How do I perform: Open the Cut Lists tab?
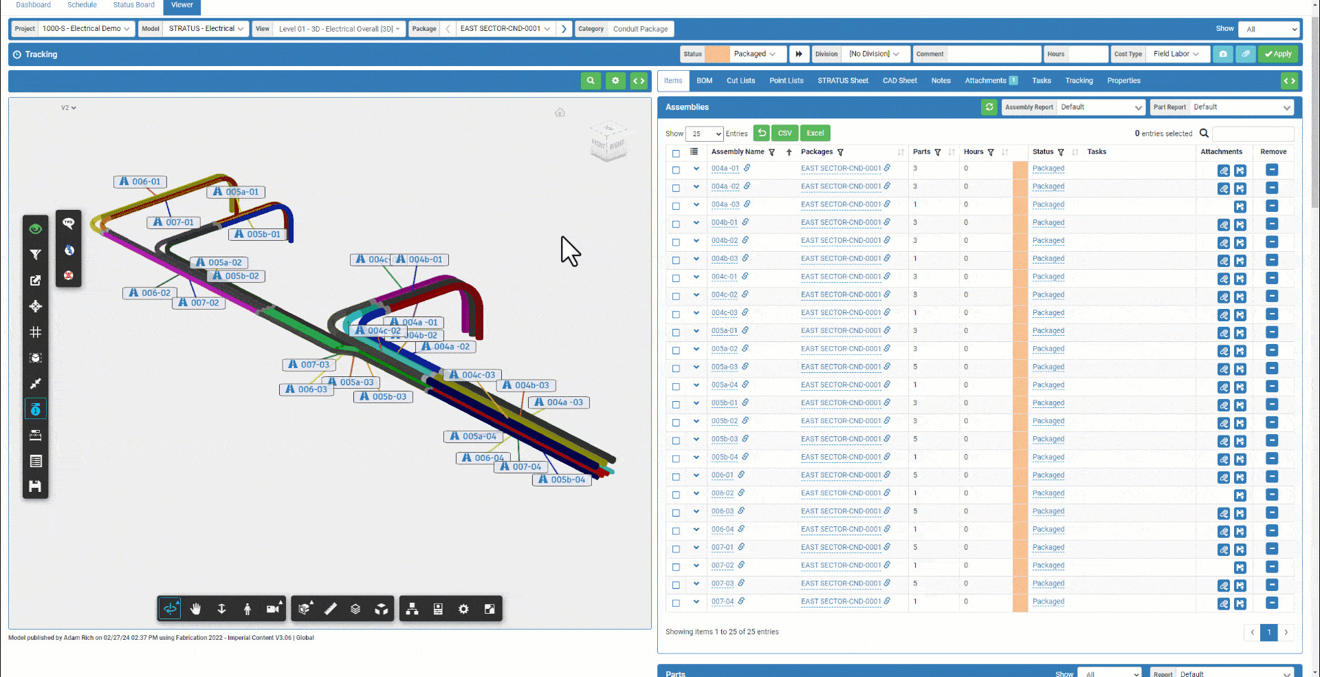coord(740,80)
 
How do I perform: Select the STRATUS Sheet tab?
coord(842,80)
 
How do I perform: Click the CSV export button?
coord(784,133)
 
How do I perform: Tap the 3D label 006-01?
coord(141,182)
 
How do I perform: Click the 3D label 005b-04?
coord(562,480)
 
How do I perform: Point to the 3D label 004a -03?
coord(560,402)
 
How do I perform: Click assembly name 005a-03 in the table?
coord(724,367)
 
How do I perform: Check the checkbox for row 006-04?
coord(676,530)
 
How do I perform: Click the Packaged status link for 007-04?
coord(1048,601)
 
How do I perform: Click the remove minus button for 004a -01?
coord(1272,169)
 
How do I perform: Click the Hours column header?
coord(973,152)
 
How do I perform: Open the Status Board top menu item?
coord(133,5)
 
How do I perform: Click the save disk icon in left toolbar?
coord(36,486)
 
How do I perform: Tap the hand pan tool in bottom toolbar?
coord(196,609)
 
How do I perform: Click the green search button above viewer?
coord(591,81)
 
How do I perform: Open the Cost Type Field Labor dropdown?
coord(1176,54)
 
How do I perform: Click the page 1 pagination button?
coord(1268,632)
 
